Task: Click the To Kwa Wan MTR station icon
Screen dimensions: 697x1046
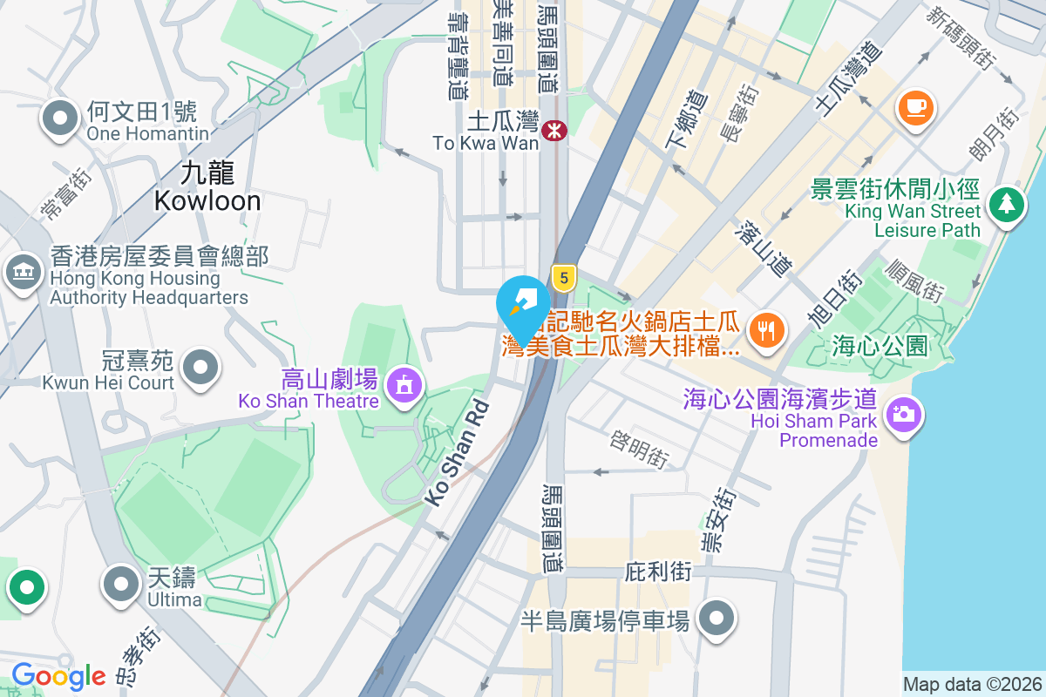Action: pyautogui.click(x=554, y=131)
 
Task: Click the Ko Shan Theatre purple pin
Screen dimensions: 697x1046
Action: pyautogui.click(x=404, y=383)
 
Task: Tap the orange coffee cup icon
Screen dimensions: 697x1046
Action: pyautogui.click(x=915, y=108)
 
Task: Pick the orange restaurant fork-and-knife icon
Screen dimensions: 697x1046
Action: pyautogui.click(x=767, y=330)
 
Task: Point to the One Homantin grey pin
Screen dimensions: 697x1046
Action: pyautogui.click(x=60, y=119)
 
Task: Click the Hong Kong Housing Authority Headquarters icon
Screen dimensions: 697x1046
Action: pyautogui.click(x=24, y=272)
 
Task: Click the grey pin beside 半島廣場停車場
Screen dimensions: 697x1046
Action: pyautogui.click(x=717, y=618)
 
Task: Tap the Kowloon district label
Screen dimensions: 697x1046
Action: pyautogui.click(x=207, y=187)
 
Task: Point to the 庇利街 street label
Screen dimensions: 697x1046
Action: pyautogui.click(x=658, y=572)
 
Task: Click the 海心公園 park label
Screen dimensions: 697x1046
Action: pyautogui.click(x=880, y=346)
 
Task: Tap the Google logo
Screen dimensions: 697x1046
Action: pyautogui.click(x=58, y=676)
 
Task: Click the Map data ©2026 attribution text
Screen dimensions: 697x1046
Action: pyautogui.click(x=971, y=684)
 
